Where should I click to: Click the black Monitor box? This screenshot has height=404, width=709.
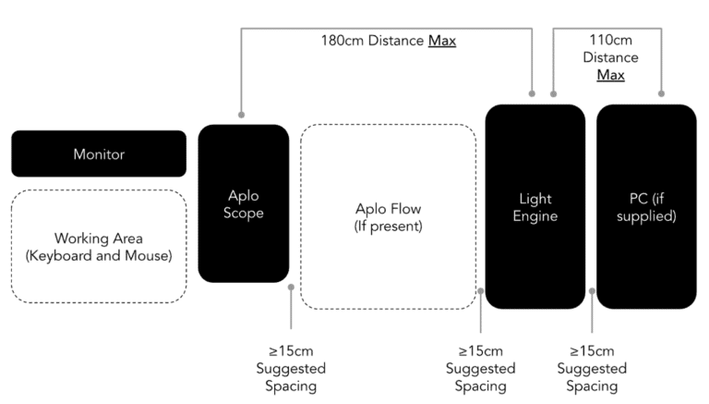click(x=98, y=153)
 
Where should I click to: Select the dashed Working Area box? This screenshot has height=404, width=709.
click(x=98, y=246)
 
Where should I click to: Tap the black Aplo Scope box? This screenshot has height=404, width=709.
click(x=244, y=203)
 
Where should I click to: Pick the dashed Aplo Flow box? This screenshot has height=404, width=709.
click(x=388, y=216)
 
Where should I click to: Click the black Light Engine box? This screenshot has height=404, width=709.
click(x=535, y=206)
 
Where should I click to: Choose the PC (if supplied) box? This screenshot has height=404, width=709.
click(x=646, y=206)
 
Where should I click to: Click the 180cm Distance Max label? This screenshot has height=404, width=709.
click(x=388, y=42)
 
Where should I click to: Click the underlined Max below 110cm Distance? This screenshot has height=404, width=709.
click(x=610, y=75)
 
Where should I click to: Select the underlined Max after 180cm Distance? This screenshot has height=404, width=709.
click(x=441, y=42)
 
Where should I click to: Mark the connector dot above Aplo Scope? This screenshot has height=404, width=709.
click(x=241, y=115)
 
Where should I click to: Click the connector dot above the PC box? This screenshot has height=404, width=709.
click(x=661, y=92)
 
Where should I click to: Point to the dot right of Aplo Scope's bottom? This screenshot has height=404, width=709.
click(x=292, y=288)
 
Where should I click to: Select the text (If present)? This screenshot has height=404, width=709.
click(x=388, y=226)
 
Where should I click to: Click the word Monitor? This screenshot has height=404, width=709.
click(x=98, y=154)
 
